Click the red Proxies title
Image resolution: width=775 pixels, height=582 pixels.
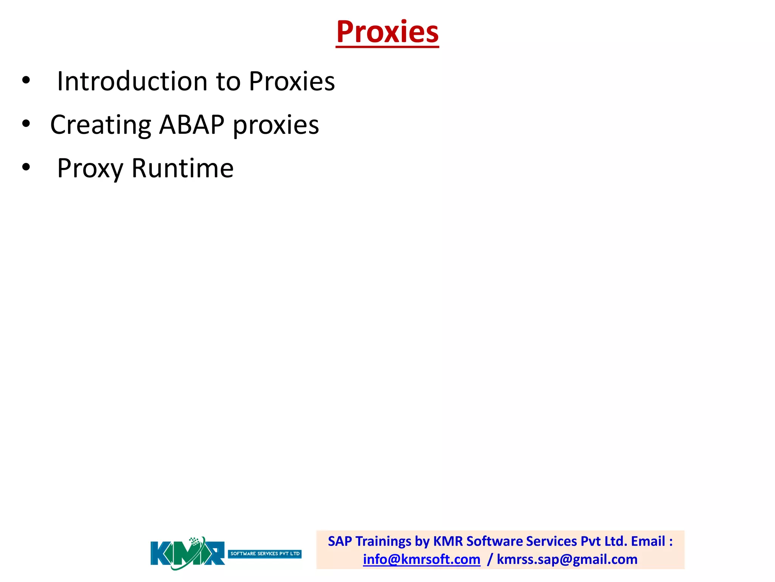[x=387, y=32]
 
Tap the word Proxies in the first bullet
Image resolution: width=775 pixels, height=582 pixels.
[x=292, y=81]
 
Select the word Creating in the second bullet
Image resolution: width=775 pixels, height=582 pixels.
[x=101, y=125]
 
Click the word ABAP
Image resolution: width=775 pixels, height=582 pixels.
[x=191, y=125]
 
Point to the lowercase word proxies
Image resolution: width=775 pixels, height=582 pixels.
[x=276, y=125]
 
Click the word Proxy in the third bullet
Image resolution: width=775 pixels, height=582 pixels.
[x=90, y=169]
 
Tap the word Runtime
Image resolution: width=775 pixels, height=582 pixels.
[x=182, y=169]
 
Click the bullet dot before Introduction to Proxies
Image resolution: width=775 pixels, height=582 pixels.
[x=26, y=80]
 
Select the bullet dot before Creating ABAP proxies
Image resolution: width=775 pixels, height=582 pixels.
[x=26, y=124]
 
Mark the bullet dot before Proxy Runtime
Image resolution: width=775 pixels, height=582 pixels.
[x=26, y=167]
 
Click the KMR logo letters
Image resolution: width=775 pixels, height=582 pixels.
[x=187, y=554]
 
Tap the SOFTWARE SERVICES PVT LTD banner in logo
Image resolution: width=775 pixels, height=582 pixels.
[x=265, y=554]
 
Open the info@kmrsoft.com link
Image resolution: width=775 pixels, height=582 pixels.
[x=422, y=560]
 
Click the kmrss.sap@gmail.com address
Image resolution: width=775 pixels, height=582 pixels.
[x=567, y=560]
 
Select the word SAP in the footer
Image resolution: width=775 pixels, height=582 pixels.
[x=339, y=541]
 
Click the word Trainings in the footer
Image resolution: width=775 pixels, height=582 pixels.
[x=383, y=541]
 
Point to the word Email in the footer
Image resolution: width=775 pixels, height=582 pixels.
[x=648, y=541]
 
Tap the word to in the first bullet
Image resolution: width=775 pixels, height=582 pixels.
[x=228, y=81]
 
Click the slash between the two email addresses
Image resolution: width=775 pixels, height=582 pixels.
[x=490, y=560]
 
